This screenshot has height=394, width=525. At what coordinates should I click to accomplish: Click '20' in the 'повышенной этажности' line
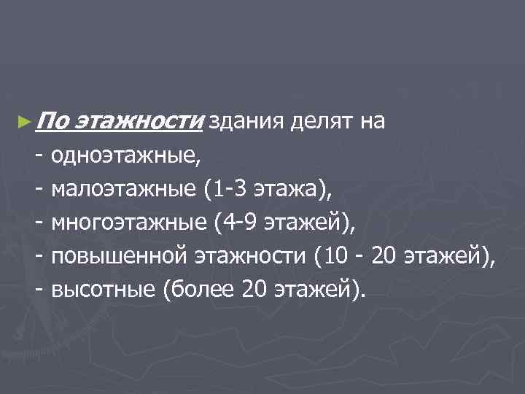pyautogui.click(x=386, y=257)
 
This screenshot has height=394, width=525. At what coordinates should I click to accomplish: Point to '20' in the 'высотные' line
pyautogui.click(x=253, y=290)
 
